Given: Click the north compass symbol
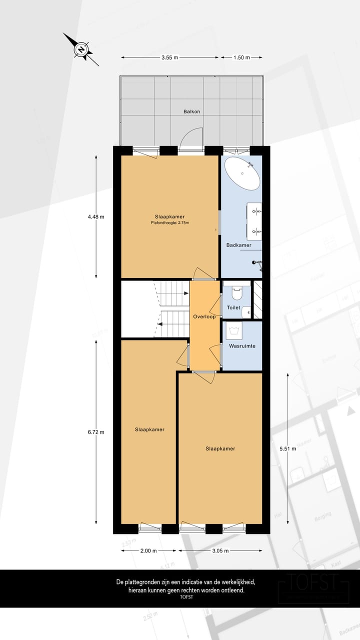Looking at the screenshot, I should coord(80,49).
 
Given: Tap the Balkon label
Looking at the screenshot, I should coord(191,111).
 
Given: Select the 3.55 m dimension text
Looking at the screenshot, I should coord(170,58).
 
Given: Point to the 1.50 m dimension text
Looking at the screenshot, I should coord(241,58).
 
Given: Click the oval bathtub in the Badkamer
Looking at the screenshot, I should coord(242,173).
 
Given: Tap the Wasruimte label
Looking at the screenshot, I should coord(242,346).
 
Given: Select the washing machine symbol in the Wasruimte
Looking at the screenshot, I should coord(234,329).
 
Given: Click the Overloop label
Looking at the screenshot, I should coord(204,317).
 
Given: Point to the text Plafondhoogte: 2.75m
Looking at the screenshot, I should coord(170,223).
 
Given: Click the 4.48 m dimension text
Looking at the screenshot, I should coord(96,216).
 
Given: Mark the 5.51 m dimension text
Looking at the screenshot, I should coord(288,448).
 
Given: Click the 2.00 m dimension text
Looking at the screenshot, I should coord(148,550).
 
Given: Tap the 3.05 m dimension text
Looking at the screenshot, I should coord(220,550).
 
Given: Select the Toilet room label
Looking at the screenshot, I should coord(233,308).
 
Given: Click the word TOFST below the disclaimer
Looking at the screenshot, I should coord(186,597).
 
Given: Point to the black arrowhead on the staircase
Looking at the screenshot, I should coord(159,324).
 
